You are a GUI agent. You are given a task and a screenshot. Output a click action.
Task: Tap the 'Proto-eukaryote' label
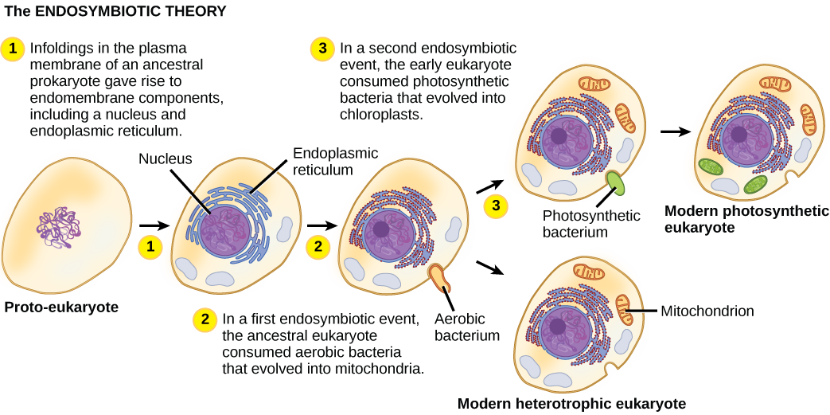point(60,307)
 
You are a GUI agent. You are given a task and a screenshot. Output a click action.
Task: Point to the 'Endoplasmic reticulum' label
point(336,161)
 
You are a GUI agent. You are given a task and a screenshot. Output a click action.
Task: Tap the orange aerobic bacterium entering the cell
point(441,277)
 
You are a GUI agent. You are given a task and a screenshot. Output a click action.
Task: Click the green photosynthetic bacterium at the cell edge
point(615,182)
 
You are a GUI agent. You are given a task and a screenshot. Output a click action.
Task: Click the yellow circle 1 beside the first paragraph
point(13,49)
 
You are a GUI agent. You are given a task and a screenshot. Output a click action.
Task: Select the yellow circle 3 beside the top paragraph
point(323,49)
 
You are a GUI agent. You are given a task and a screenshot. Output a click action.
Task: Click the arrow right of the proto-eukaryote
point(154,226)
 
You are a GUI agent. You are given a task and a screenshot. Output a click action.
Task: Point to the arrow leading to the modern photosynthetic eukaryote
point(676,132)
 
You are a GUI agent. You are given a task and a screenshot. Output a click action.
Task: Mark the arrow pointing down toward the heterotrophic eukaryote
point(489,267)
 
